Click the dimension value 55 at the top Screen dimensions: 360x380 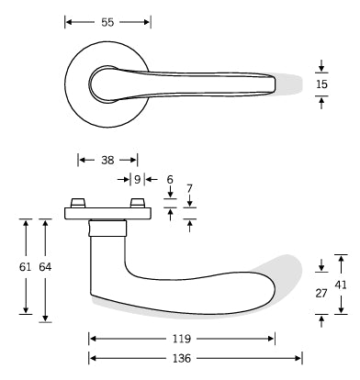(x=107, y=22)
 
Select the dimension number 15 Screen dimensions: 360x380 (x=321, y=84)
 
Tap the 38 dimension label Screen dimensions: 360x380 (x=107, y=160)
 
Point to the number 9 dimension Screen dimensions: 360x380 (x=137, y=179)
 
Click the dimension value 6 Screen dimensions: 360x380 (x=170, y=179)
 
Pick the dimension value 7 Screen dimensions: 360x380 (x=189, y=188)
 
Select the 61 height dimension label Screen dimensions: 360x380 (x=26, y=267)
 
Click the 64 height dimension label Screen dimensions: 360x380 (x=45, y=267)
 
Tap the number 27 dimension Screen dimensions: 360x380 (x=321, y=294)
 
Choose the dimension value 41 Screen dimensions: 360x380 (x=341, y=285)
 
